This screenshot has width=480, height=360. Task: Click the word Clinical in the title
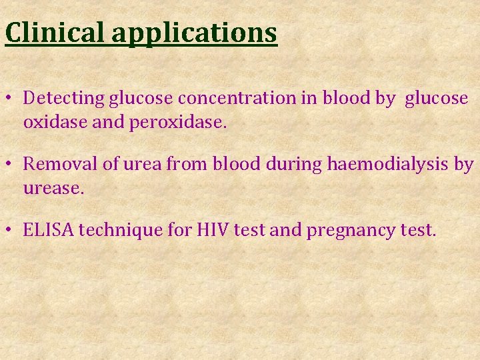[x=55, y=32]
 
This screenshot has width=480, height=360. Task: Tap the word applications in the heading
[x=194, y=33]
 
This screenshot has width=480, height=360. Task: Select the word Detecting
[x=64, y=99]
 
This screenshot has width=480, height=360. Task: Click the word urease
[x=53, y=189]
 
